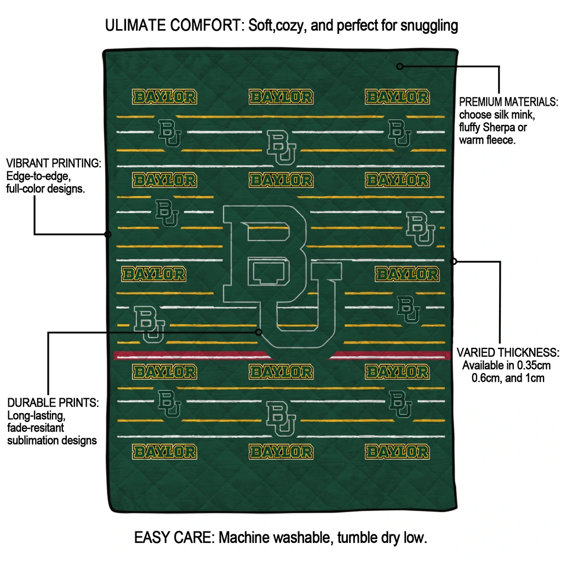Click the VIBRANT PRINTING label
(x=54, y=163)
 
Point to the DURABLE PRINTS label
(x=53, y=403)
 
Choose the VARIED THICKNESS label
(x=508, y=352)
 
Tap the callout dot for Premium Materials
(x=400, y=66)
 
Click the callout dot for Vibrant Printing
(x=108, y=234)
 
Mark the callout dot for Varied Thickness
(x=454, y=261)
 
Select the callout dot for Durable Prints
(x=259, y=332)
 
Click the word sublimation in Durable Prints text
(x=32, y=440)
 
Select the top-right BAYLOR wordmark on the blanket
(x=397, y=98)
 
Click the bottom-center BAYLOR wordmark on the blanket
(x=281, y=452)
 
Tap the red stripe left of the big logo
(x=186, y=356)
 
